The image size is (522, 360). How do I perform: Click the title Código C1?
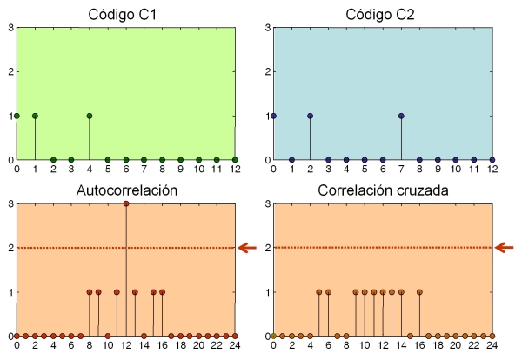click(x=125, y=14)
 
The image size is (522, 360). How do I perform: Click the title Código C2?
click(x=383, y=14)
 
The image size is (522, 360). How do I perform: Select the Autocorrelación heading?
click(x=125, y=190)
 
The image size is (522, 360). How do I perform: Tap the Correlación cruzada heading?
click(x=383, y=190)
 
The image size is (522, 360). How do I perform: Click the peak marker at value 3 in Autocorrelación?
click(x=126, y=203)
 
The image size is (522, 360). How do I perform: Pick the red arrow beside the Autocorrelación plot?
click(x=249, y=248)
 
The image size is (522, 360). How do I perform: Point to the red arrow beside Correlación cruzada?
click(x=505, y=248)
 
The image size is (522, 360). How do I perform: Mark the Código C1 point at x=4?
click(x=90, y=116)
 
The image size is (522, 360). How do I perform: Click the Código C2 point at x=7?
click(x=401, y=116)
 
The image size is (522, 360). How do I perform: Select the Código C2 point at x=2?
click(x=310, y=116)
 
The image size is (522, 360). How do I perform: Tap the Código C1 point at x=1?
click(x=35, y=116)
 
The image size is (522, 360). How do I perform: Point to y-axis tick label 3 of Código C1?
click(x=10, y=27)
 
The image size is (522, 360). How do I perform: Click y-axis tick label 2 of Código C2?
click(x=266, y=71)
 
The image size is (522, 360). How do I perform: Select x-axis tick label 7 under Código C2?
click(x=401, y=170)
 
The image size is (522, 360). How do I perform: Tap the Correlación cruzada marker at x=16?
click(x=419, y=292)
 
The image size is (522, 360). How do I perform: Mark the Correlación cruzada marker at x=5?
click(x=319, y=292)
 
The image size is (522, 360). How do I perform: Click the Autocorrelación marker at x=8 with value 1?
click(x=90, y=292)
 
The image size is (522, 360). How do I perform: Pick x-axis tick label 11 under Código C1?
click(x=217, y=170)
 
